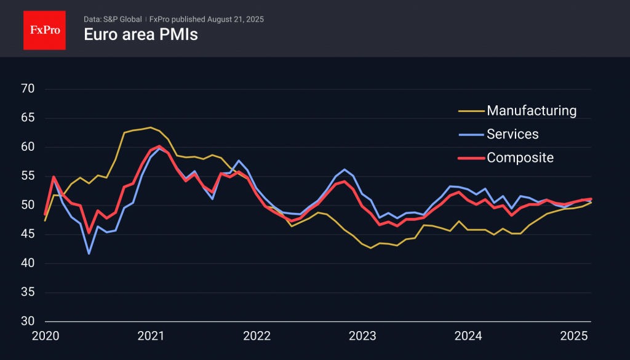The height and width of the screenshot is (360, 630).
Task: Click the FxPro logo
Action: (44, 29)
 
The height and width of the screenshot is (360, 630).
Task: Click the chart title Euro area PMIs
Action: (141, 34)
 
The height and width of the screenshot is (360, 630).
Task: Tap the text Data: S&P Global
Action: (112, 19)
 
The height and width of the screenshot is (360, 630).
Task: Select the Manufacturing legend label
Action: (532, 111)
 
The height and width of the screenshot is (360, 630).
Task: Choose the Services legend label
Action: (512, 134)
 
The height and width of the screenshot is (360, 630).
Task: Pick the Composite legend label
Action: (520, 158)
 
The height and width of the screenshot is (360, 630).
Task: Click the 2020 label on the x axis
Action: (45, 336)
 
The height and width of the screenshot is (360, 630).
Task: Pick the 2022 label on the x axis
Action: (257, 336)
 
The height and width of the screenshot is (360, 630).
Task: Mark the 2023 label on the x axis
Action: (362, 336)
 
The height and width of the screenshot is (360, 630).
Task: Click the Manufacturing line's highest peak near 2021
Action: (150, 127)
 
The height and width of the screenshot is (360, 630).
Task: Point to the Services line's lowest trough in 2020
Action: (89, 254)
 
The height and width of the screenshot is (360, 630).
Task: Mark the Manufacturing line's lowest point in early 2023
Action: (370, 248)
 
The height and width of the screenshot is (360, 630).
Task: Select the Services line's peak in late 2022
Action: (345, 169)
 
